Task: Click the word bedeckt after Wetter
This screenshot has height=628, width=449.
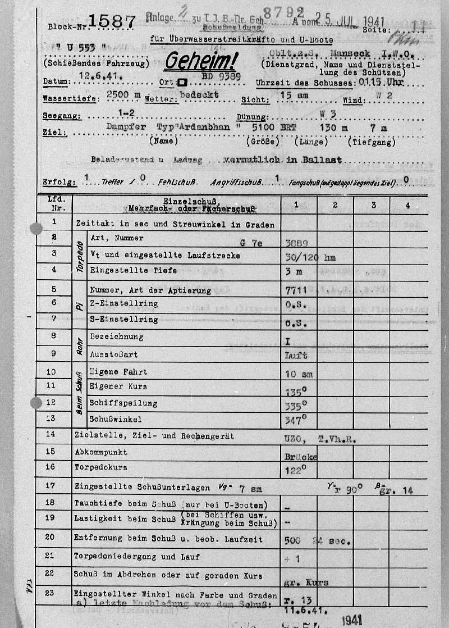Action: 199,95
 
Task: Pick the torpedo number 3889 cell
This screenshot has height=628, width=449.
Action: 296,243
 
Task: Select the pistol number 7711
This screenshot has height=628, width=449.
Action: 296,290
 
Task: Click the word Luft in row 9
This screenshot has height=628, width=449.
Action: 296,356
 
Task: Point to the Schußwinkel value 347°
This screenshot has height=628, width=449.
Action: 296,420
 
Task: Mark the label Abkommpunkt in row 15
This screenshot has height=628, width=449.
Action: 100,452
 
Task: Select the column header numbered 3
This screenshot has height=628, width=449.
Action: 373,206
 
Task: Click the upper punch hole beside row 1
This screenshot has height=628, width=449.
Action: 36,229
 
